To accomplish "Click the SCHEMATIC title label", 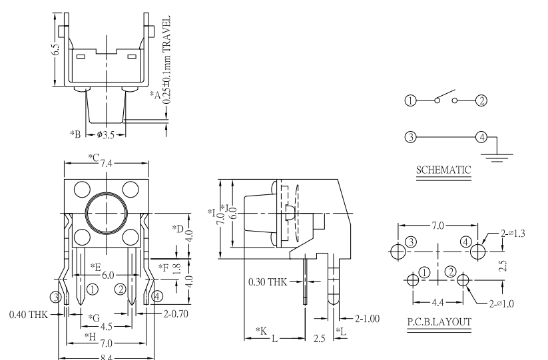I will point(443,170).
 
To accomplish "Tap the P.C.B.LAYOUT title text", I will point(439,322).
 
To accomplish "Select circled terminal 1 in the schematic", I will point(410,100).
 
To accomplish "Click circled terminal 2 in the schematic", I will point(481,100).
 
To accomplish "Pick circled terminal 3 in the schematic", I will point(410,138).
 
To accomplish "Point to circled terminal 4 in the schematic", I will point(481,138).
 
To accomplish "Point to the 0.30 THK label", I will point(268,282).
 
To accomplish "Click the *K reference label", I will point(261,330).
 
